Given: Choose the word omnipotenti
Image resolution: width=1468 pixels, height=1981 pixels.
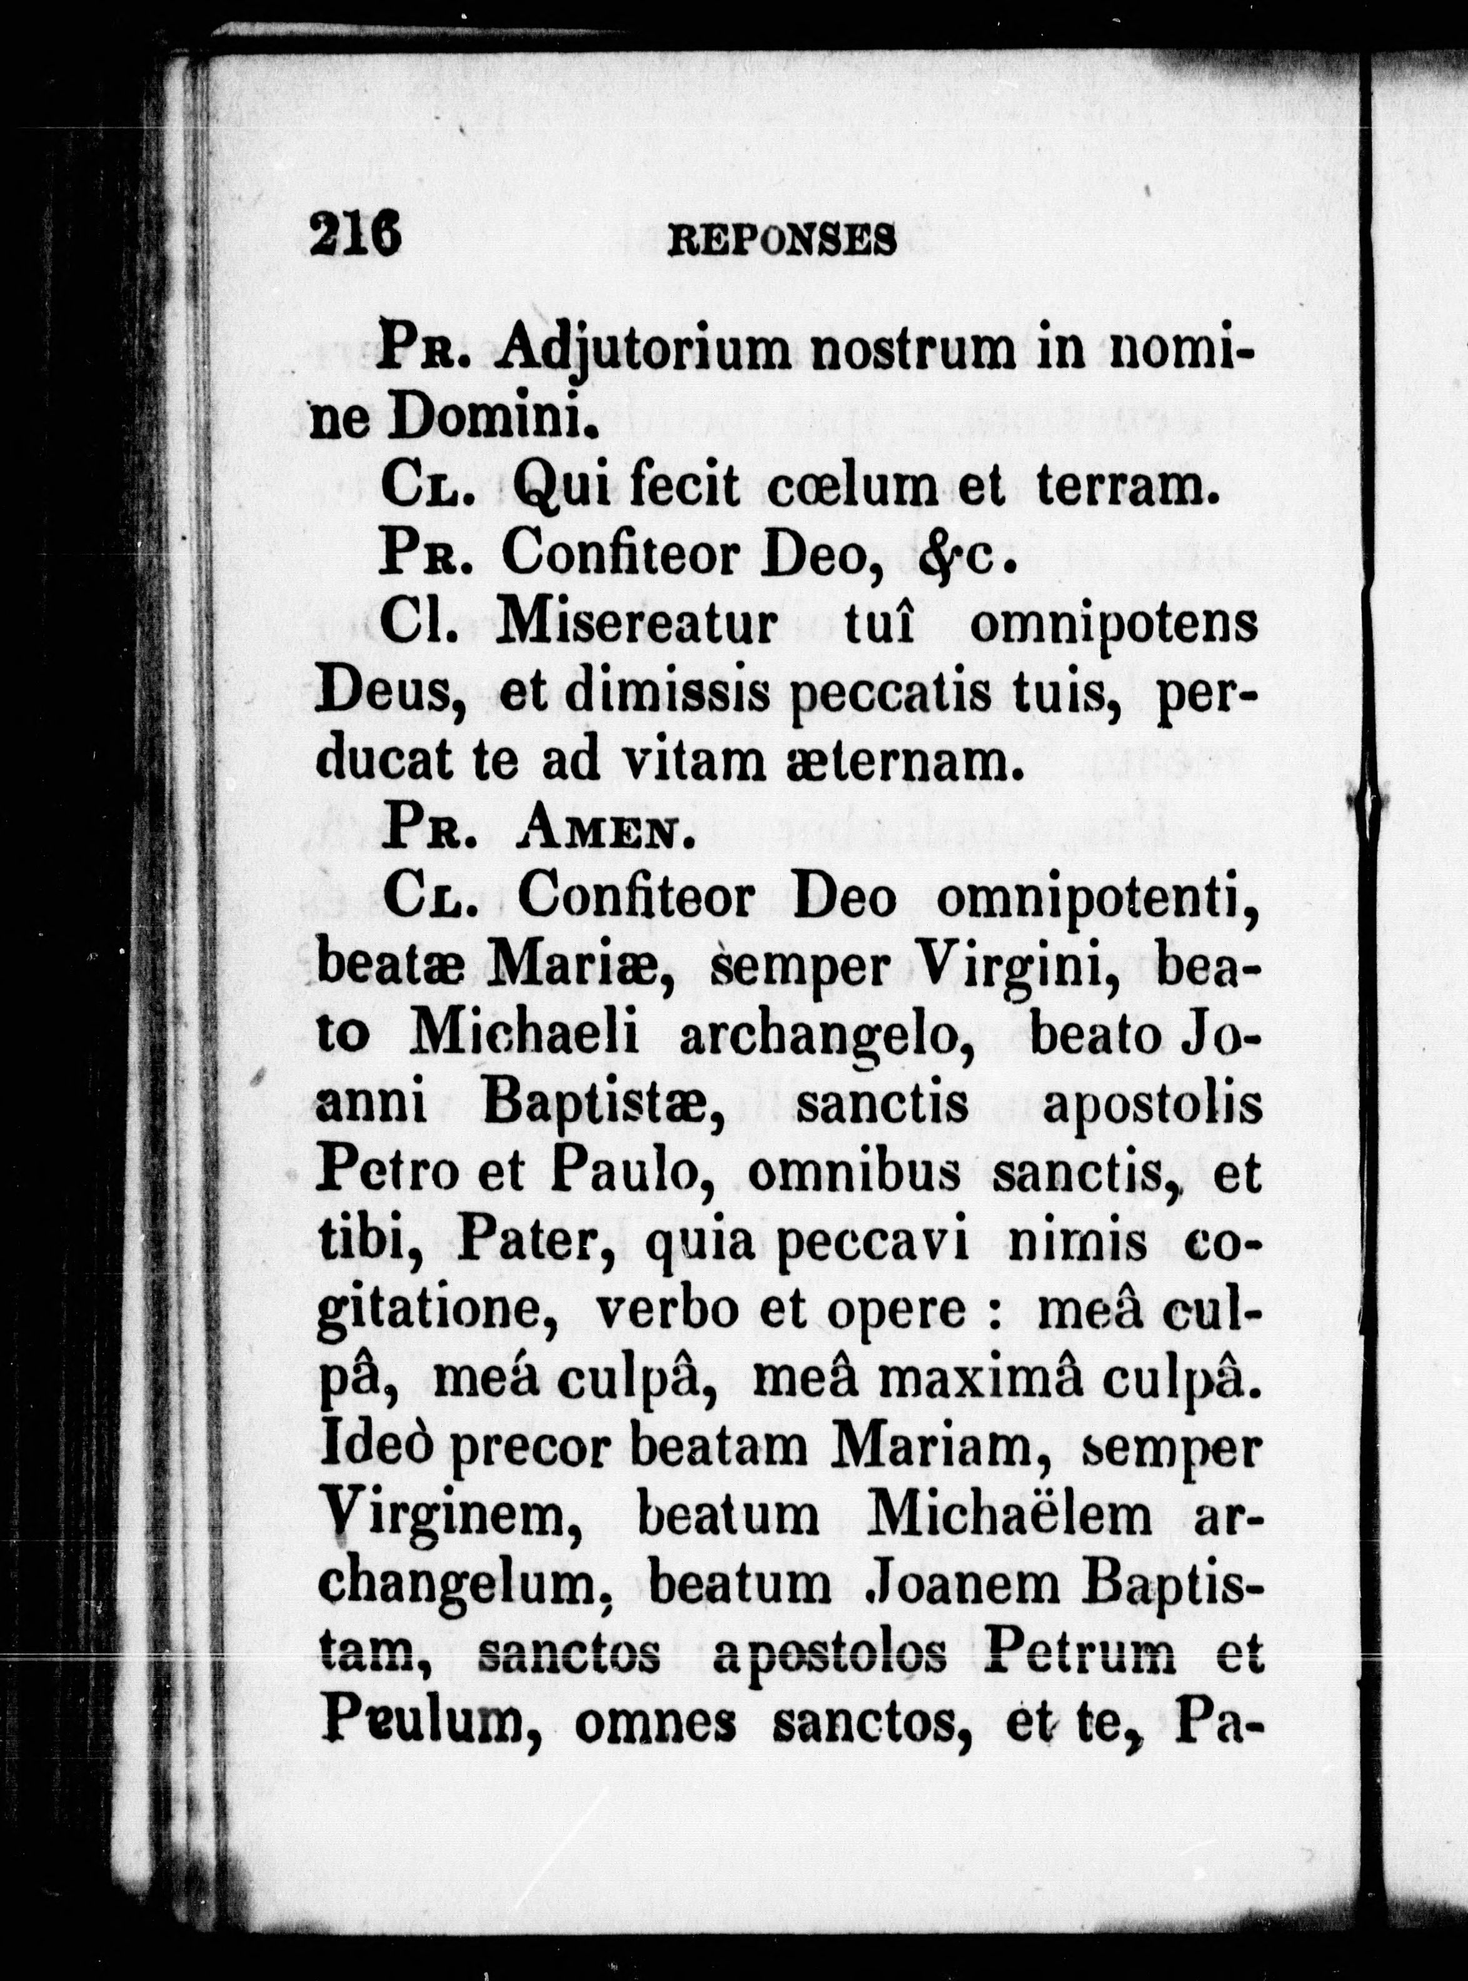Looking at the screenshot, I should [x=1097, y=902].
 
